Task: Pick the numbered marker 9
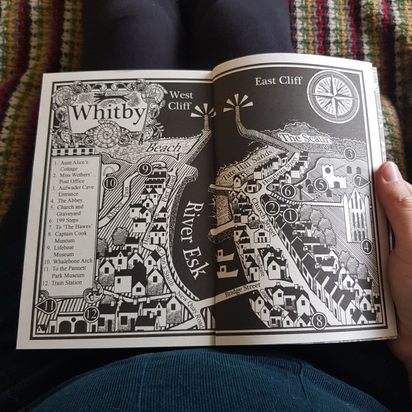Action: [145, 170]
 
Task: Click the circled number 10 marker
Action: [110, 182]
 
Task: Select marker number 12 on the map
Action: [90, 313]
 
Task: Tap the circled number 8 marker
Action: [318, 320]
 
